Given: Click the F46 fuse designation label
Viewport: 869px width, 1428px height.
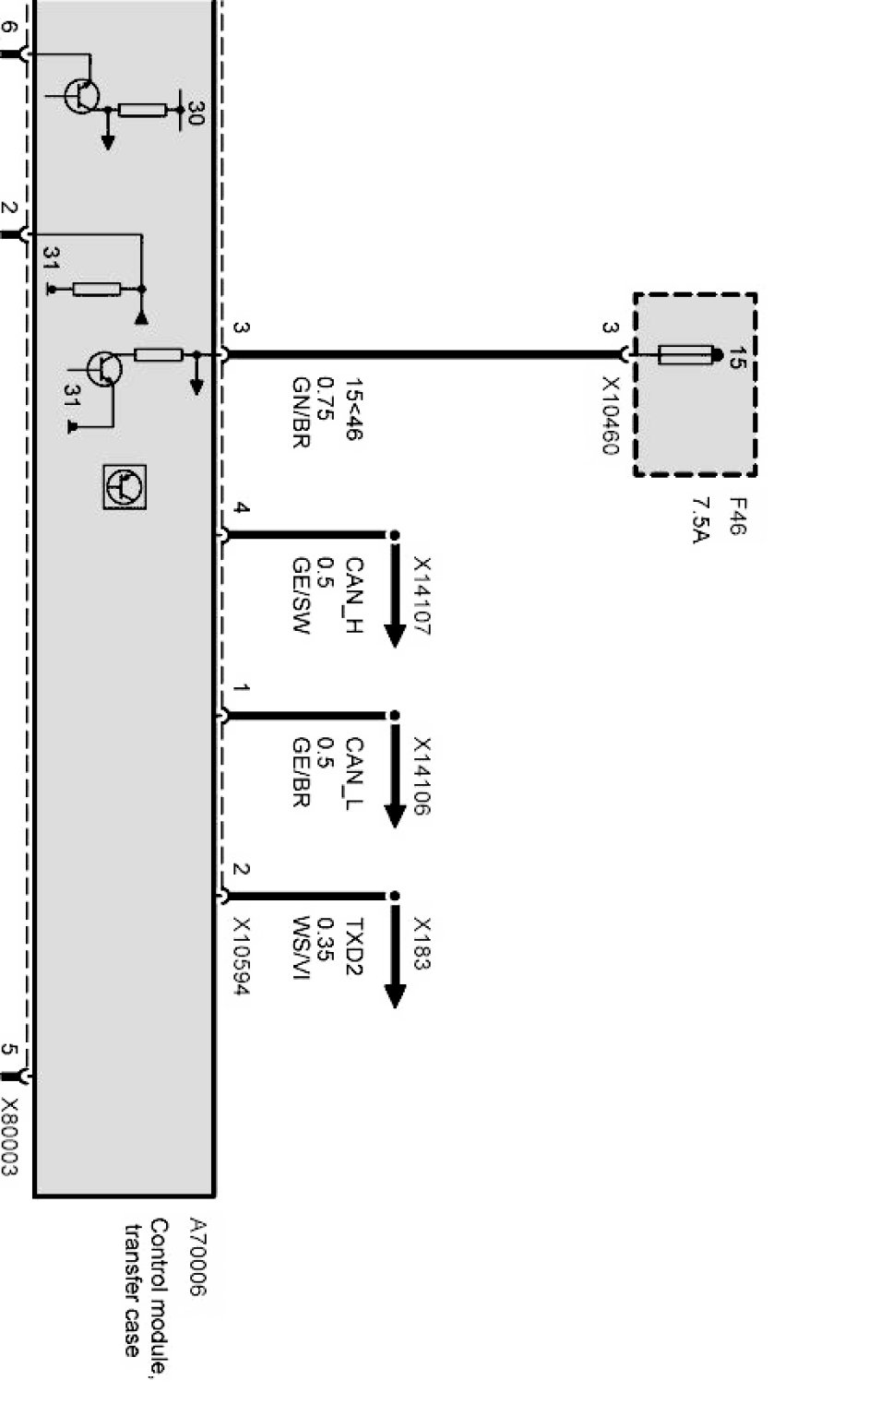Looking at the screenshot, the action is [738, 517].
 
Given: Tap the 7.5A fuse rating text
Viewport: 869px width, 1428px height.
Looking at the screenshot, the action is [700, 520].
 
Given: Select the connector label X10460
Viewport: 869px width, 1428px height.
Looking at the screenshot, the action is [610, 416].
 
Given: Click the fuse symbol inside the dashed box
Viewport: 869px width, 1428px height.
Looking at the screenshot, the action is [688, 354].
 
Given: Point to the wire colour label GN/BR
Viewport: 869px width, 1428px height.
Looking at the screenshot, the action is [301, 412].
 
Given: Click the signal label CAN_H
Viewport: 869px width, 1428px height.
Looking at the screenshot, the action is [354, 595].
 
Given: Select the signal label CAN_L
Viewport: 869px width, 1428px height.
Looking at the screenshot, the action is [354, 773].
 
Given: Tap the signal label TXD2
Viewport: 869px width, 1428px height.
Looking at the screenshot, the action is [354, 946].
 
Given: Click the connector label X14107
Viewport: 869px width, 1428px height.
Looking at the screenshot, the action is [422, 596].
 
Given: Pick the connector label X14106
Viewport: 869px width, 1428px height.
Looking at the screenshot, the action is [422, 777].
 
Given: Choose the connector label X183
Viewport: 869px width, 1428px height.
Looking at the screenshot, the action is [422, 944].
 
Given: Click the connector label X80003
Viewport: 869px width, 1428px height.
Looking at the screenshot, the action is [9, 1136].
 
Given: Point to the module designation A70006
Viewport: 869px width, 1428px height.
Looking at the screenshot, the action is [197, 1256].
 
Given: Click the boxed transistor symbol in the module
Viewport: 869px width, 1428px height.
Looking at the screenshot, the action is [125, 487].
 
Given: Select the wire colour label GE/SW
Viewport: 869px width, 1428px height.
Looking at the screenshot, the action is [301, 595].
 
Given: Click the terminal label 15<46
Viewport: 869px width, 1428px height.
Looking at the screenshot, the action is [354, 409].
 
